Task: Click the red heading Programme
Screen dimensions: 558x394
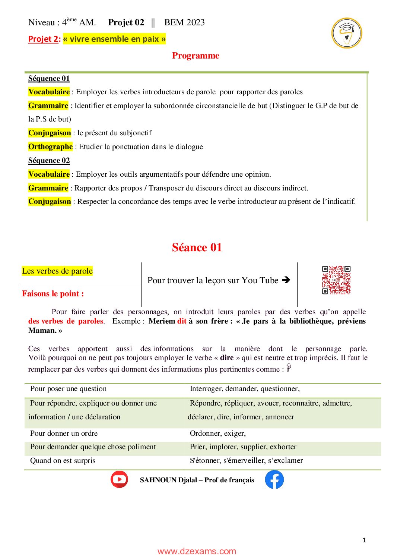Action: tap(196, 56)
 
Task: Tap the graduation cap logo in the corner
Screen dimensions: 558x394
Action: tap(347, 33)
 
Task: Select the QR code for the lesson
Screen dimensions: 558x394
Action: tap(336, 280)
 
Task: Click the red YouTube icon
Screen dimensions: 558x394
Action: tap(120, 479)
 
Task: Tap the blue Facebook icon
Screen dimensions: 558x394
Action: tap(274, 479)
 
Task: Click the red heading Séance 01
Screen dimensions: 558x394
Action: tap(197, 247)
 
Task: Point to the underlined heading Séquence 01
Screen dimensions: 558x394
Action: tap(49, 78)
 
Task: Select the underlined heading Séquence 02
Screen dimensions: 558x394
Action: tap(49, 160)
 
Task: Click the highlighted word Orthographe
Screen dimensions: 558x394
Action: tap(51, 146)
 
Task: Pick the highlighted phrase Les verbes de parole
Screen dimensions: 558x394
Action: tap(57, 271)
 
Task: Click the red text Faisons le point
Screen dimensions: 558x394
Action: tap(53, 294)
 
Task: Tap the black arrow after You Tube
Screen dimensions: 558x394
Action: tap(286, 280)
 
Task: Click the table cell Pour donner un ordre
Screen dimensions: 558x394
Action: tap(64, 433)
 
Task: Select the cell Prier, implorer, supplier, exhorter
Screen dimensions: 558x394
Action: tap(243, 447)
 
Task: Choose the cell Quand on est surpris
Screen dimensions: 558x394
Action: tap(63, 460)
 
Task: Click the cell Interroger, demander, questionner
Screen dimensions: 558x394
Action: tap(245, 388)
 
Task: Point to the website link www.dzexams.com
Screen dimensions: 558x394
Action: tap(197, 551)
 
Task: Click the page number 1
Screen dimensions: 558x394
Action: tap(364, 540)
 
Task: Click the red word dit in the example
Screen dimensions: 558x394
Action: tap(182, 321)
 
